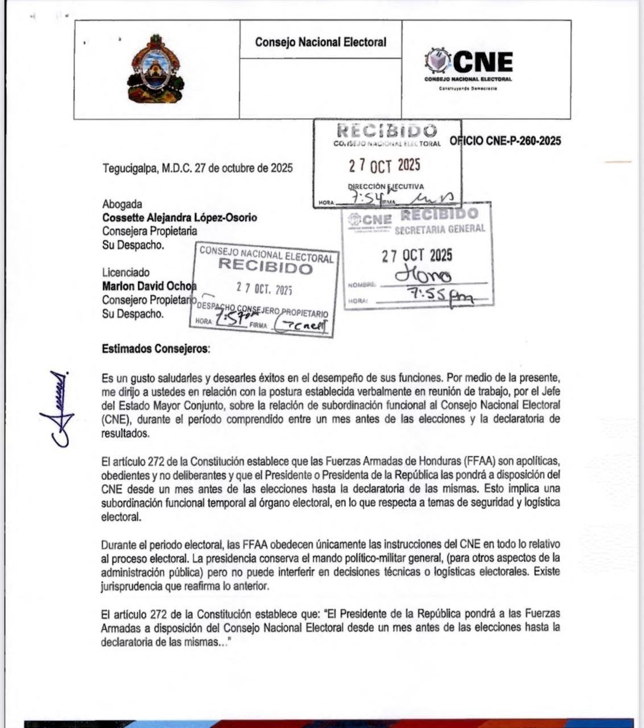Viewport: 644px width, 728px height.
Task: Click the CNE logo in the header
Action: pos(469,66)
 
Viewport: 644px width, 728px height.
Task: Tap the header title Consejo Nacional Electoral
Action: pos(320,42)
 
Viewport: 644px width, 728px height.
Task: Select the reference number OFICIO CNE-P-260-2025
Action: pos(505,141)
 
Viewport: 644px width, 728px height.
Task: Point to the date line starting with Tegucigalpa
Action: pos(197,168)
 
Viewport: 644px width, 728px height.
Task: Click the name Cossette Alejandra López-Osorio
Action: pos(179,217)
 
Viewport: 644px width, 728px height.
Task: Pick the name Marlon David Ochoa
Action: pos(149,286)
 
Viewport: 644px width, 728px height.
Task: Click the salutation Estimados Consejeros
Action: pos(155,349)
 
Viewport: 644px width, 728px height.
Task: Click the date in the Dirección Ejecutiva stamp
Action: pos(385,166)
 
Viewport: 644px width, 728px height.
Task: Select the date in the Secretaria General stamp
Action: pos(417,255)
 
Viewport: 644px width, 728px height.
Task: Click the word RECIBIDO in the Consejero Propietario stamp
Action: pos(265,266)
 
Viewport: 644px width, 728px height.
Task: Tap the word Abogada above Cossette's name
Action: pos(122,204)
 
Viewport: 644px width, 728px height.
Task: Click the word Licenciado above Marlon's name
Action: pos(126,272)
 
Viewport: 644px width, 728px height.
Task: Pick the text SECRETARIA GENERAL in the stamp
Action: pos(440,229)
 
